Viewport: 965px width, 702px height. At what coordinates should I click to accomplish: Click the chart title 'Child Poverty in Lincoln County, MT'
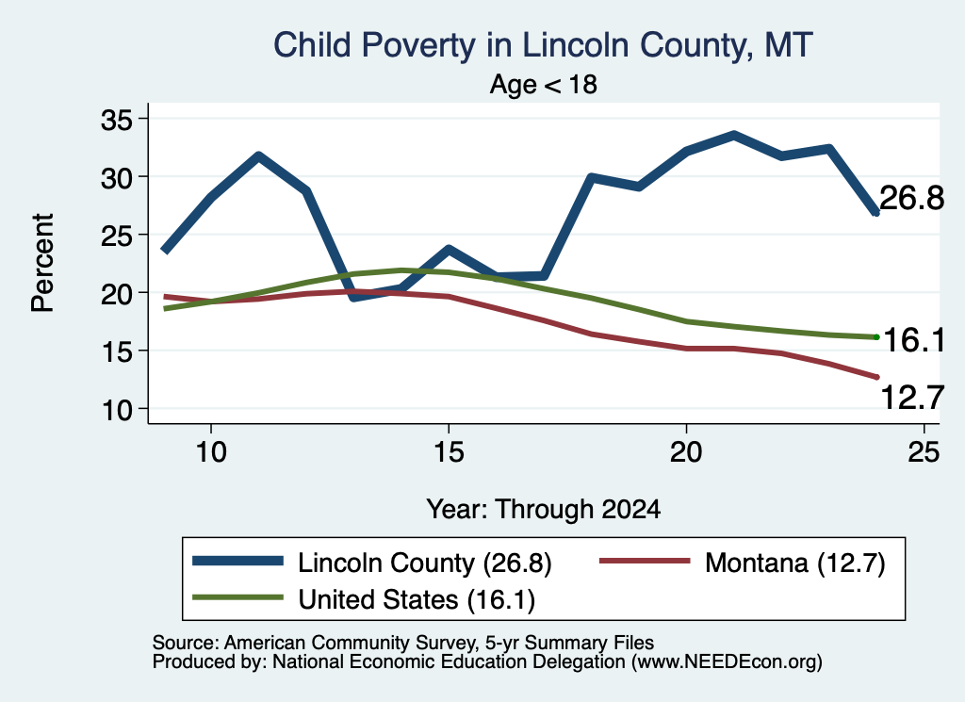[x=543, y=45]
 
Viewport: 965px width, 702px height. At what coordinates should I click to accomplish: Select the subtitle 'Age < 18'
[x=544, y=84]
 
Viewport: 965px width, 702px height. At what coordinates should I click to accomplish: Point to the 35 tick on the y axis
[x=116, y=120]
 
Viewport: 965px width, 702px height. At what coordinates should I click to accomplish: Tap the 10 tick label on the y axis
[x=116, y=410]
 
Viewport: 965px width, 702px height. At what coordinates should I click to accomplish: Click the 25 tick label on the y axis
[x=116, y=236]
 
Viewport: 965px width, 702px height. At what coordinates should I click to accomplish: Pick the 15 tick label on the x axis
[x=449, y=452]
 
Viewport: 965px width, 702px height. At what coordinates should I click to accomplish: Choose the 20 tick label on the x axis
[x=686, y=452]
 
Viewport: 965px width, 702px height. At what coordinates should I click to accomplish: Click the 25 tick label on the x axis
[x=924, y=452]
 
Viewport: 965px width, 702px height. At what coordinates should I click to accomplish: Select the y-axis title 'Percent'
[x=42, y=263]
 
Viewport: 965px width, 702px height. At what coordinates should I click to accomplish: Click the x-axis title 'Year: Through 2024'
[x=544, y=510]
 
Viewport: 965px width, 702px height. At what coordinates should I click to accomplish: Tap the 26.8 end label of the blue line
[x=911, y=198]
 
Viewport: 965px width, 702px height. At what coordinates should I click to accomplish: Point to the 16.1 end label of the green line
[x=914, y=340]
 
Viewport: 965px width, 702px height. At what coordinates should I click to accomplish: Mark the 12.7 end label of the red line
[x=912, y=397]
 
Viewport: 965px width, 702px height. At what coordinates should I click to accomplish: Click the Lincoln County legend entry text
[x=425, y=563]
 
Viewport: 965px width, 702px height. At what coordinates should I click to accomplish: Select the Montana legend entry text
[x=795, y=563]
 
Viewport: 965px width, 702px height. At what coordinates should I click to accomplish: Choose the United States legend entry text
[x=417, y=600]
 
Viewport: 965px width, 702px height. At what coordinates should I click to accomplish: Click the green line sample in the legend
[x=237, y=597]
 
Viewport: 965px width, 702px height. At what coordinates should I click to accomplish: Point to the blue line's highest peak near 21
[x=733, y=135]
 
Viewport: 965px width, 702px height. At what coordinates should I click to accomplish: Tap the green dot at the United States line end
[x=876, y=336]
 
